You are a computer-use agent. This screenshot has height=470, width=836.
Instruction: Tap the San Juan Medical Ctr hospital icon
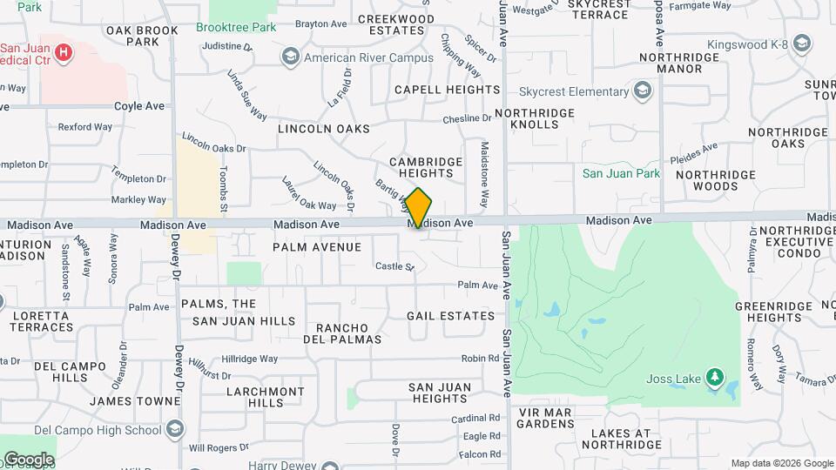(x=63, y=53)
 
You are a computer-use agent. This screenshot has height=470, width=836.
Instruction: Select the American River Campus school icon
(x=289, y=57)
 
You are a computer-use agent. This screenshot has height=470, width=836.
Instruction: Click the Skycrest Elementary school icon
(x=643, y=91)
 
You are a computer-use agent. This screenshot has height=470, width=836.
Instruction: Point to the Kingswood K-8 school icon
(x=803, y=43)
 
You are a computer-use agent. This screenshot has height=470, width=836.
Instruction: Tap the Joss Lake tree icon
(x=715, y=377)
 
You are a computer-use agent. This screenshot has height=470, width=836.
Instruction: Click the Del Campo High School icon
(x=176, y=429)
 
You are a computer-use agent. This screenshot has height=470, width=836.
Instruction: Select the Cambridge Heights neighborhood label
(x=425, y=167)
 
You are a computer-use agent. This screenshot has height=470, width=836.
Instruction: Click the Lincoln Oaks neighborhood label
(x=323, y=128)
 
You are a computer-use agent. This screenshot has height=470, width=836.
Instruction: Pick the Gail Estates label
(x=450, y=315)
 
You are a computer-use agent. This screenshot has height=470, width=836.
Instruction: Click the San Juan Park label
(x=621, y=173)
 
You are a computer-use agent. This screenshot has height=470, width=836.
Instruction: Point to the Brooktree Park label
(x=236, y=27)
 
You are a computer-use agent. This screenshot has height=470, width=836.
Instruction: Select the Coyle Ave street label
(x=139, y=106)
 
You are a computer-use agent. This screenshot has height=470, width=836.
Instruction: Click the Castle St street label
(x=394, y=266)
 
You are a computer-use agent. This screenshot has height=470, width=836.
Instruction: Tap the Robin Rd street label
(x=480, y=359)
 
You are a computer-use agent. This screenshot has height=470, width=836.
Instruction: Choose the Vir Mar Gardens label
(x=544, y=418)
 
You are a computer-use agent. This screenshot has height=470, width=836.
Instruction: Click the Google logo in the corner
(x=28, y=459)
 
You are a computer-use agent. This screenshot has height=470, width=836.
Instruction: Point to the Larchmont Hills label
(x=266, y=397)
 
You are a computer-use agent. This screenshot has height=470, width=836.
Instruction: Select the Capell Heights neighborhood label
(x=448, y=90)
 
